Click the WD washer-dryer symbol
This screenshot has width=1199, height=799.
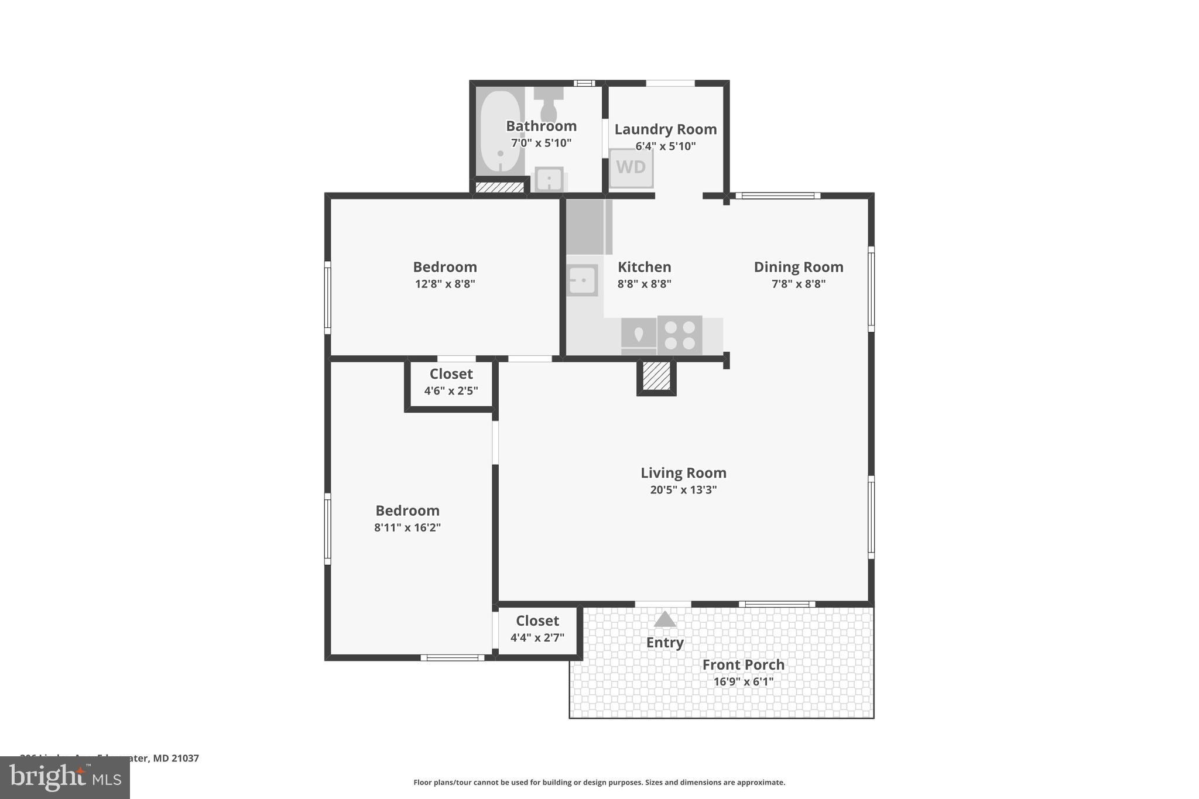point(631,167)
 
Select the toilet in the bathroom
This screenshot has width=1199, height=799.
point(549,105)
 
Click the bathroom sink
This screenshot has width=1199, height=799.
point(549,179)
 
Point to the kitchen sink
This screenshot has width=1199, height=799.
point(582,280)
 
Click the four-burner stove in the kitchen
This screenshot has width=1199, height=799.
point(680,335)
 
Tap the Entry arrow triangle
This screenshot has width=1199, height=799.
point(664,619)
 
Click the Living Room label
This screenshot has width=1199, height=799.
point(683,472)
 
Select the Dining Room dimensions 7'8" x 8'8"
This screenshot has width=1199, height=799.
point(798,284)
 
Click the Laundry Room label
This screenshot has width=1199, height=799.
point(665,129)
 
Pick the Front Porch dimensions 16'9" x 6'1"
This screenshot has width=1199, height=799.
point(743,681)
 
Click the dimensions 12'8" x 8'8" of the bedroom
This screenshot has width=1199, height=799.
point(445,284)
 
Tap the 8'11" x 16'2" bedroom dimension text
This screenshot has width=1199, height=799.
point(407,527)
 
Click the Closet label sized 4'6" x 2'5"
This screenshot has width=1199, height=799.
point(451,374)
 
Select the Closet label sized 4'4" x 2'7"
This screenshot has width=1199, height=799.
point(537,620)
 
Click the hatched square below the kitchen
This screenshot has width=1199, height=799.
point(656,376)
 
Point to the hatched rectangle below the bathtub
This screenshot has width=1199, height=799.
point(499,187)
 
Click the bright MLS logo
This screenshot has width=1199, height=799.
point(64,777)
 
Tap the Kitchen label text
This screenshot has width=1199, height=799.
point(644,267)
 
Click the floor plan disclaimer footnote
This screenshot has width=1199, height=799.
point(599,782)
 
